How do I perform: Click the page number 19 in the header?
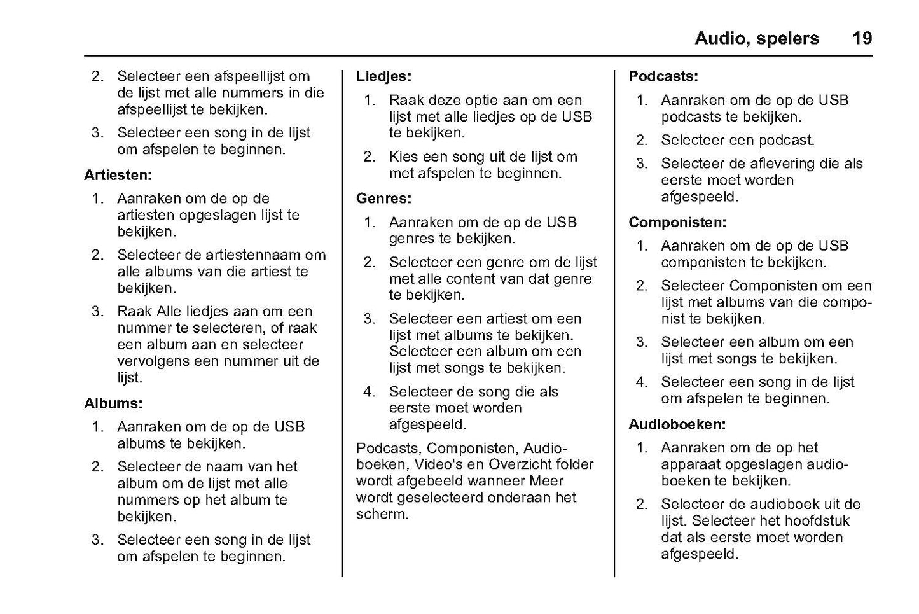click(862, 38)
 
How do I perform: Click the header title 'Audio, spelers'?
click(756, 38)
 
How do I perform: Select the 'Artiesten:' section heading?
click(118, 175)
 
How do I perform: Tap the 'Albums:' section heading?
click(113, 403)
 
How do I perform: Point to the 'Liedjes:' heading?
click(383, 76)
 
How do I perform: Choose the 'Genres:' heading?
click(383, 199)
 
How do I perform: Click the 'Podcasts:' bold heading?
click(663, 76)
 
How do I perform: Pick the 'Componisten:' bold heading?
click(677, 223)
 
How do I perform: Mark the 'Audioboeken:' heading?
click(677, 424)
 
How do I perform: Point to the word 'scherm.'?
click(382, 514)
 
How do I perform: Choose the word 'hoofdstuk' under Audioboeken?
click(817, 521)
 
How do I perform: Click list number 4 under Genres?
click(369, 392)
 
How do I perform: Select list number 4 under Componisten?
click(641, 382)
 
